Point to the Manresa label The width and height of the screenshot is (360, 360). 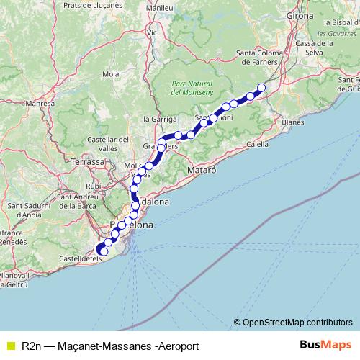(x=40, y=104)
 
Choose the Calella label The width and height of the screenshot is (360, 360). (x=258, y=144)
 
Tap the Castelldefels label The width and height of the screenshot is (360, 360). (x=78, y=257)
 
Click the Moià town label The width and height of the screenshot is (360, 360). (x=111, y=73)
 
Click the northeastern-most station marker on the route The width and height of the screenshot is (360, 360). (x=261, y=88)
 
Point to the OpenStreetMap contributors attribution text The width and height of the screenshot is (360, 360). (x=293, y=322)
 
